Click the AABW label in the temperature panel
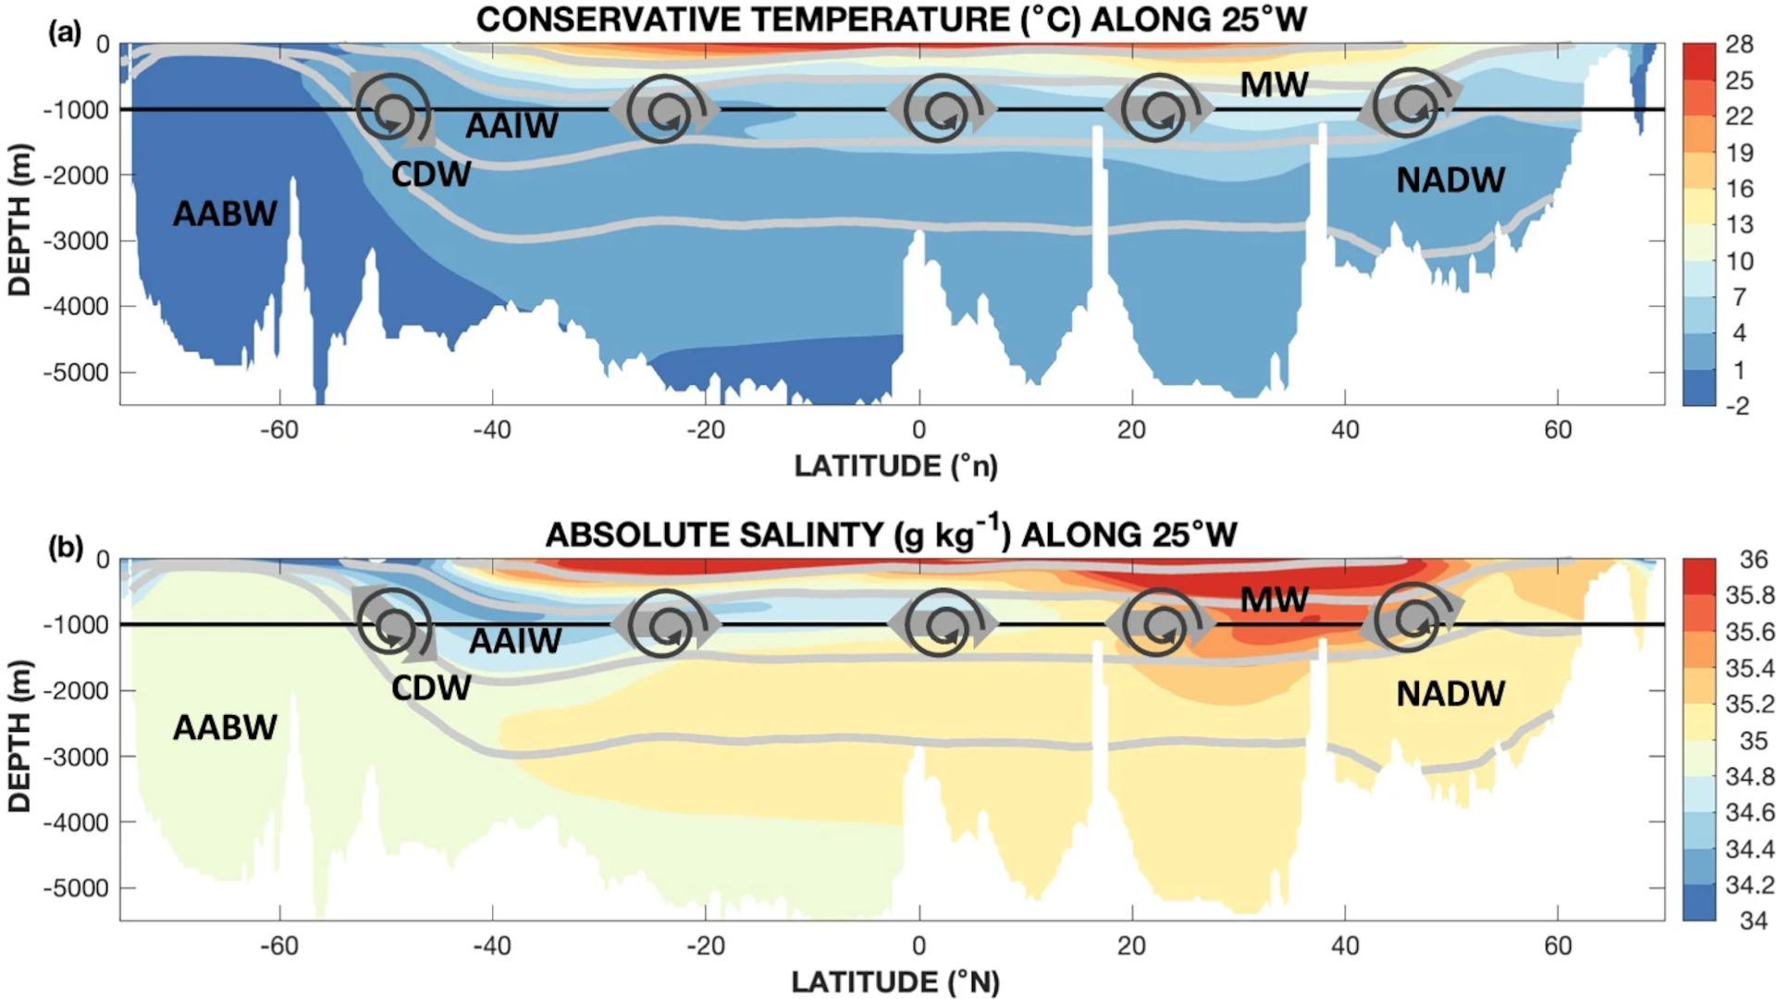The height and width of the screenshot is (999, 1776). pos(225,214)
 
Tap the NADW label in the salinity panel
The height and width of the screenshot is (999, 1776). pos(1450,694)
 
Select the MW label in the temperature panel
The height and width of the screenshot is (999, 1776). pos(1274,85)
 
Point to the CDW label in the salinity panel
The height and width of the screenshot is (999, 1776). pos(431,688)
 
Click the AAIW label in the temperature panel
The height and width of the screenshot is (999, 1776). pos(512,126)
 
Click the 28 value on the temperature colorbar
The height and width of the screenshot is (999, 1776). pos(1739,44)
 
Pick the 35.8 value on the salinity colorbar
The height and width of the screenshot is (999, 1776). pos(1749,596)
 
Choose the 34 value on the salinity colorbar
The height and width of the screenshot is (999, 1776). pos(1753,921)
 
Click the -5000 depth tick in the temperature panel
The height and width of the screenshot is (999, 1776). pos(76,373)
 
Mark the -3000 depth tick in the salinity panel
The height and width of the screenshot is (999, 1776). pos(76,757)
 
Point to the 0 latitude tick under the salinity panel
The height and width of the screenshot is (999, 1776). pos(919,945)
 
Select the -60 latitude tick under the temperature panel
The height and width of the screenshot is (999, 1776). pos(278,430)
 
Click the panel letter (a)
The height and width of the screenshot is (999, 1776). pos(65,33)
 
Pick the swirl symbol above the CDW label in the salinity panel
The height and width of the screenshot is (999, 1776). pos(395,625)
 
